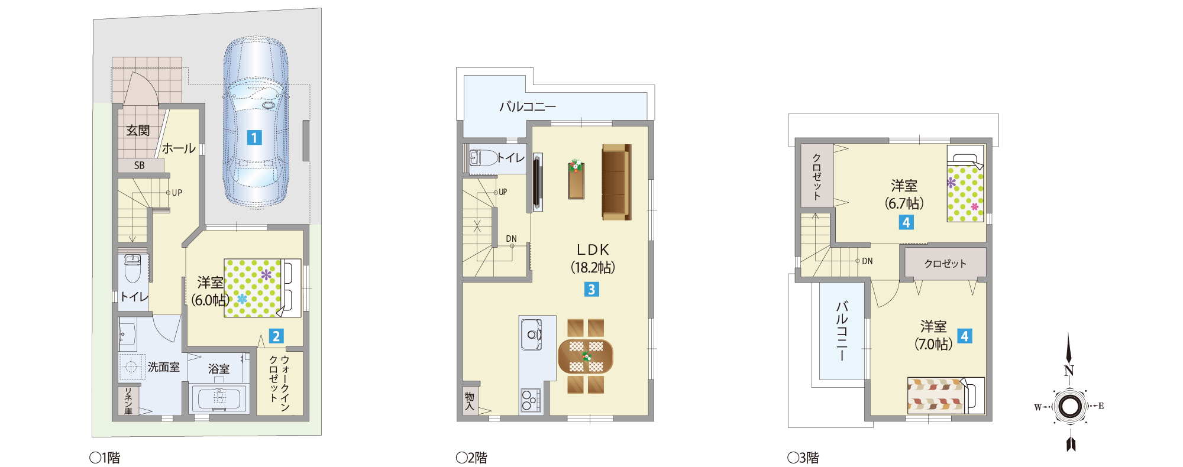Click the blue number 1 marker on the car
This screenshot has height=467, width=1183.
pyautogui.click(x=254, y=138)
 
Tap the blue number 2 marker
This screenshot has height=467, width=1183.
pyautogui.click(x=276, y=336)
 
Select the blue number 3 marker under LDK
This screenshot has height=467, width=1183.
pyautogui.click(x=591, y=289)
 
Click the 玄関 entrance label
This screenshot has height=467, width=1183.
pyautogui.click(x=138, y=130)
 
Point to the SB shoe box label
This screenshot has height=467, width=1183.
pyautogui.click(x=140, y=166)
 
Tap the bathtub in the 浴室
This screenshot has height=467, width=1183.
pyautogui.click(x=219, y=398)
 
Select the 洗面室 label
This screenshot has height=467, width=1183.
pyautogui.click(x=164, y=367)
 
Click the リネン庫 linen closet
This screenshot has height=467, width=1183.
pyautogui.click(x=128, y=401)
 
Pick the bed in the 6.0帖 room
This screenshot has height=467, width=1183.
pyautogui.click(x=263, y=288)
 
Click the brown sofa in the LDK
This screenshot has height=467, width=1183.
pyautogui.click(x=616, y=181)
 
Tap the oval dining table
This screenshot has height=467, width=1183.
pyautogui.click(x=586, y=356)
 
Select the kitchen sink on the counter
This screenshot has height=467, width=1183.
pyautogui.click(x=531, y=335)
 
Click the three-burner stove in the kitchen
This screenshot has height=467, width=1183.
pyautogui.click(x=531, y=400)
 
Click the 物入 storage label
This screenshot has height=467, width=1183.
pyautogui.click(x=470, y=401)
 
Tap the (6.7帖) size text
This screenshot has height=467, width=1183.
pyautogui.click(x=904, y=203)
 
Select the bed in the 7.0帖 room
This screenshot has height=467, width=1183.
pyautogui.click(x=946, y=395)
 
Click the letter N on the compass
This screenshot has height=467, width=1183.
pyautogui.click(x=1069, y=371)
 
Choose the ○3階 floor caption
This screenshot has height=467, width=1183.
pyautogui.click(x=803, y=458)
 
